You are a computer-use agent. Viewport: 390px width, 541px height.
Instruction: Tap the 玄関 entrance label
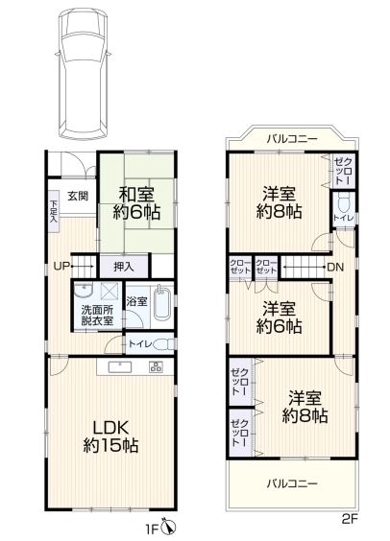pos(78,196)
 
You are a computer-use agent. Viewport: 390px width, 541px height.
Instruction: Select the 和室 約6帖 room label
pos(136,203)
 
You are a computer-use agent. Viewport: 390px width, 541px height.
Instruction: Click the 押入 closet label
pos(124,267)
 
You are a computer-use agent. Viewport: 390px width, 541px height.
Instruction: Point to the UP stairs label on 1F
pos(61,266)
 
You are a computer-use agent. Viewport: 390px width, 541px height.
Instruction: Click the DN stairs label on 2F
pos(335,267)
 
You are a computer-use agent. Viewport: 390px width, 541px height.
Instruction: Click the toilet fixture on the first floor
pos(164,344)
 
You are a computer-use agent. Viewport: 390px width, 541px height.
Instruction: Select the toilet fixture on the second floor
pos(344,202)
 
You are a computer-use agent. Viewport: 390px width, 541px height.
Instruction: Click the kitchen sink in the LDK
pos(120,367)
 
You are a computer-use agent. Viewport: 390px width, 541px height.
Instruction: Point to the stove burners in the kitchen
pos(156,366)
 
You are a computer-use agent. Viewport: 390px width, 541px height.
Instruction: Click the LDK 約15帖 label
pos(110,436)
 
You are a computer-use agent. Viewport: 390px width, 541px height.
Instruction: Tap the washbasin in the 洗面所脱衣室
pos(83,291)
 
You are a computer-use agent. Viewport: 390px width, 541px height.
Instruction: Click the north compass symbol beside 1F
pos(170,527)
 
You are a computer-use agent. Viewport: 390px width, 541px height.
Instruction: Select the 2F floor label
pos(350,520)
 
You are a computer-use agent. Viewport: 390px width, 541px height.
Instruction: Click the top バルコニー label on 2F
pos(292,139)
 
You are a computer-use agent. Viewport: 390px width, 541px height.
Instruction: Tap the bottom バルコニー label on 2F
pos(292,483)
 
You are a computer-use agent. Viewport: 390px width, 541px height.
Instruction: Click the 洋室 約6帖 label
pos(280,318)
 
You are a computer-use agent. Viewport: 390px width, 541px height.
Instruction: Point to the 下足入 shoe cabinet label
pos(53,210)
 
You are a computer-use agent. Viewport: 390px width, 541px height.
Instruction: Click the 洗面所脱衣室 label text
pos(97,316)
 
